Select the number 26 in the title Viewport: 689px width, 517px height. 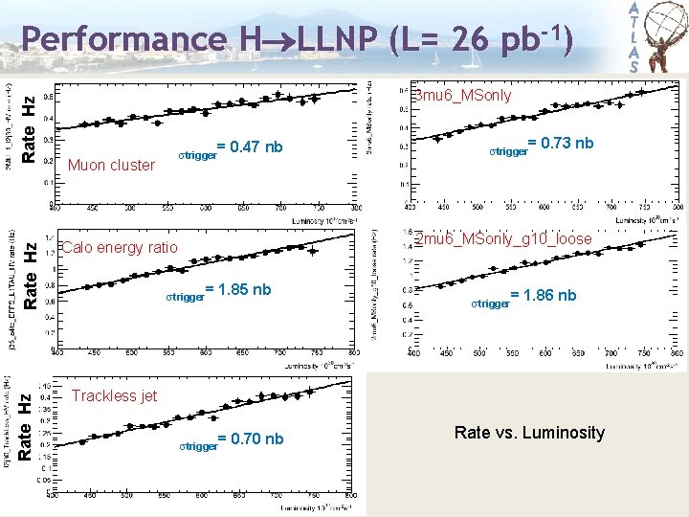(468, 39)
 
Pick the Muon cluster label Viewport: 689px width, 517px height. (111, 165)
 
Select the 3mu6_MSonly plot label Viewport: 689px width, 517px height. (462, 96)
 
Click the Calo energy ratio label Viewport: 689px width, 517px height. (120, 248)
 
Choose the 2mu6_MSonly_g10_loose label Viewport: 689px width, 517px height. (503, 238)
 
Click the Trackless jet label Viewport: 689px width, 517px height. (114, 395)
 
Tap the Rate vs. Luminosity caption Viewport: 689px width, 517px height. (529, 433)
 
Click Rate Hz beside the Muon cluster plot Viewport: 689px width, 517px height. (29, 128)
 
